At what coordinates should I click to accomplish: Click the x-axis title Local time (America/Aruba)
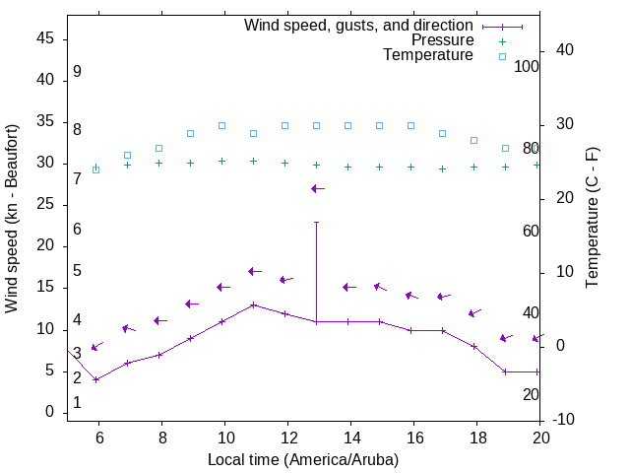303,459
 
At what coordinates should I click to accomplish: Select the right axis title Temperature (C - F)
592,218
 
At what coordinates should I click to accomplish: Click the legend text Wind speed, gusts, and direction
359,25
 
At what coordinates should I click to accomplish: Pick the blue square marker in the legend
501,56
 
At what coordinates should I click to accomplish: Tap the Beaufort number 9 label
77,72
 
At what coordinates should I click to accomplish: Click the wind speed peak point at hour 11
253,304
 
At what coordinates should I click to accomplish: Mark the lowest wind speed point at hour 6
95,379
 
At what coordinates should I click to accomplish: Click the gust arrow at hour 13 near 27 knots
316,188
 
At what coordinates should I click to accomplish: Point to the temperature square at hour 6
95,169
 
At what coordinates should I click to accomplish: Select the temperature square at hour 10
221,125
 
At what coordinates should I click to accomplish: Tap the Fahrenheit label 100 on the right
528,66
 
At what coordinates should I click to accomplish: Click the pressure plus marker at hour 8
158,163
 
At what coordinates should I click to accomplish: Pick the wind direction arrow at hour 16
411,295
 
